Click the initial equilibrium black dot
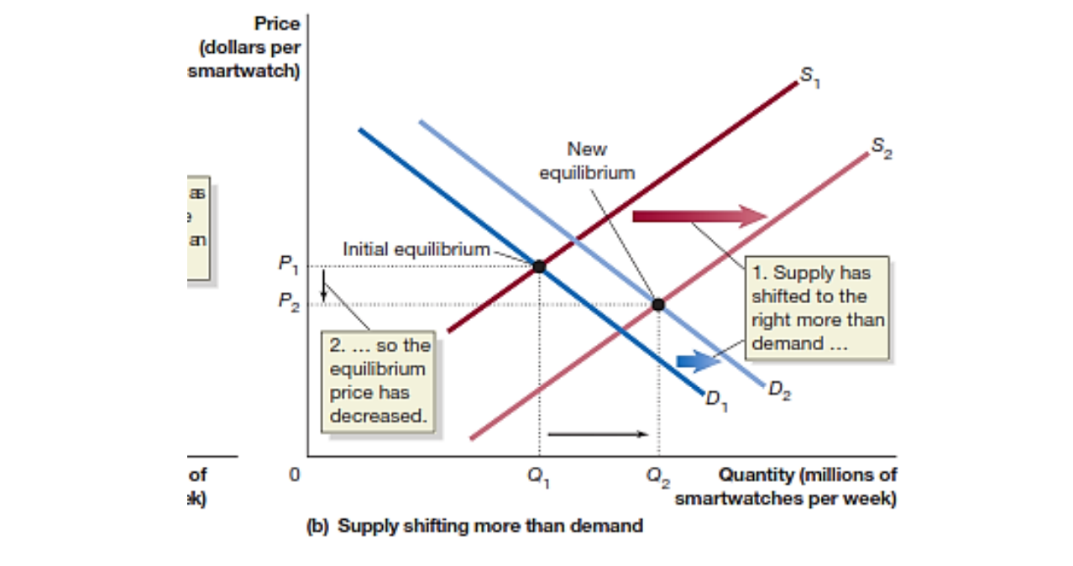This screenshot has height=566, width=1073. [x=539, y=266]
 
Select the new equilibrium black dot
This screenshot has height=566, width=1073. [x=658, y=304]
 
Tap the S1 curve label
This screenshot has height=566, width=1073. [x=809, y=76]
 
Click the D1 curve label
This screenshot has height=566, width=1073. [x=716, y=400]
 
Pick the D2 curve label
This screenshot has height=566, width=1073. [x=778, y=391]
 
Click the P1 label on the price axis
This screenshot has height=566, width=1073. [x=287, y=265]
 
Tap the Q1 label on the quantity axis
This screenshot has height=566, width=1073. [x=537, y=476]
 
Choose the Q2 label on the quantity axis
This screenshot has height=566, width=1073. [x=659, y=476]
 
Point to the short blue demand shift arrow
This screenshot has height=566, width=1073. [x=694, y=361]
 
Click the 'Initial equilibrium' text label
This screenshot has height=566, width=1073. [x=416, y=249]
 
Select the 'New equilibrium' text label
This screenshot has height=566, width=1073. [x=587, y=161]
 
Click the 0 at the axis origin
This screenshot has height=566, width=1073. [x=294, y=475]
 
